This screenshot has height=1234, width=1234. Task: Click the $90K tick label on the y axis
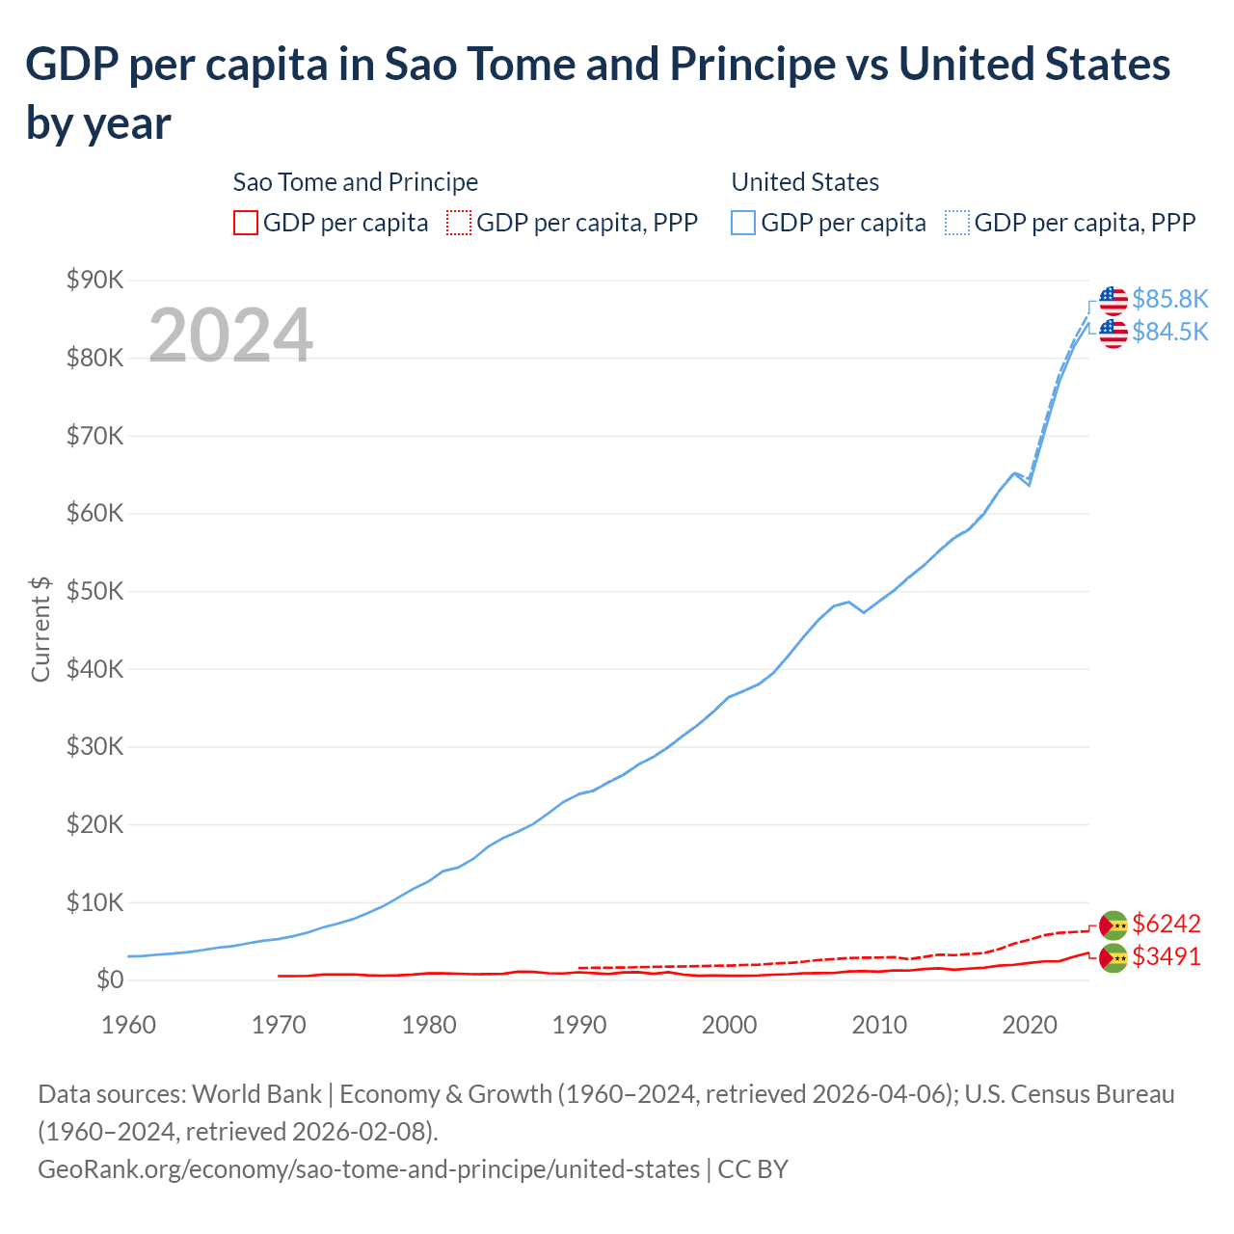coord(95,281)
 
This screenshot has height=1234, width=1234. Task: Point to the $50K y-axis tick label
coord(95,591)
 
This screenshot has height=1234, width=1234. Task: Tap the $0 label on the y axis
coord(110,980)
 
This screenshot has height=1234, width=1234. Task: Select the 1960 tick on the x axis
coord(128,1024)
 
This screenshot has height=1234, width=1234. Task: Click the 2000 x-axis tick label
coord(729,1024)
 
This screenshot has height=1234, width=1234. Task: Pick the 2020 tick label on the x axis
coord(1030,1024)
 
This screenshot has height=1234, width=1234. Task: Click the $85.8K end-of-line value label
coord(1169,299)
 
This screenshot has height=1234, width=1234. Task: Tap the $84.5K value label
coord(1169,332)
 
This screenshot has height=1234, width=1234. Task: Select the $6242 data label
coord(1167,924)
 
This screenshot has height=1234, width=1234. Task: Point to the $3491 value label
coord(1167,956)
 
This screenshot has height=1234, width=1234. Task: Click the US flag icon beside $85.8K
coord(1113,300)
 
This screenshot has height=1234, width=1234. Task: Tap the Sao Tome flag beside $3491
coord(1113,957)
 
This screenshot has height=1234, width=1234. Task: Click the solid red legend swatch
coord(246,223)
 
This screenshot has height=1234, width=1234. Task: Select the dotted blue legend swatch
coord(957,223)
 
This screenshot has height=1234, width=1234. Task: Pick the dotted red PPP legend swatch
coord(459,223)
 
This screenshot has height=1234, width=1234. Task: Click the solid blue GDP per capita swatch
coord(743,223)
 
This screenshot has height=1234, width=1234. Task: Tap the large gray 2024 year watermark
coord(231,335)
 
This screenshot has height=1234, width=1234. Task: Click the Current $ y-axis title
coord(40,630)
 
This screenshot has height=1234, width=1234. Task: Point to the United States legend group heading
coord(805,182)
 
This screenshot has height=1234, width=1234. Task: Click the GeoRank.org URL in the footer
coord(368,1169)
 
